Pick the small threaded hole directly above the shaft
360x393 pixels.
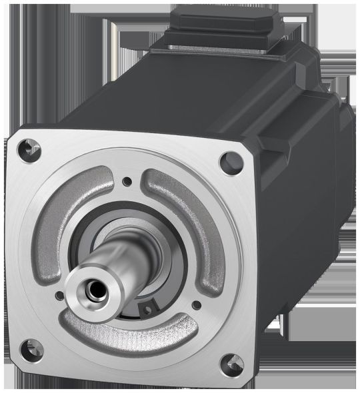127,179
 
